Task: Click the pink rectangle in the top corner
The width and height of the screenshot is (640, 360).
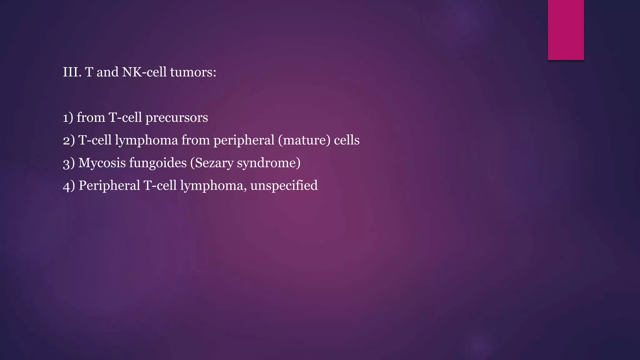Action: pos(566,30)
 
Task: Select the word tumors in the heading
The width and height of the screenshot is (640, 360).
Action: pos(193,72)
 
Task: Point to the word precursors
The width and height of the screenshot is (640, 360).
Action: pos(177,118)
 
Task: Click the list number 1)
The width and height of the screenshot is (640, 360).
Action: pos(68,118)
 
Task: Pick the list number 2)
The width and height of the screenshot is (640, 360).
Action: pos(69,140)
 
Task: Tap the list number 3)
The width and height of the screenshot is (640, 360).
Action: pos(69,163)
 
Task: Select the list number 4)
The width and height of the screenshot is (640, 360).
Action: pos(69,186)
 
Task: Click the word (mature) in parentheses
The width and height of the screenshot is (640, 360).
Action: pos(304,140)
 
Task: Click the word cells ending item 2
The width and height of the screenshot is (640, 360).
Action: pos(347,140)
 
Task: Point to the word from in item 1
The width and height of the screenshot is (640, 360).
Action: pos(91,118)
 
